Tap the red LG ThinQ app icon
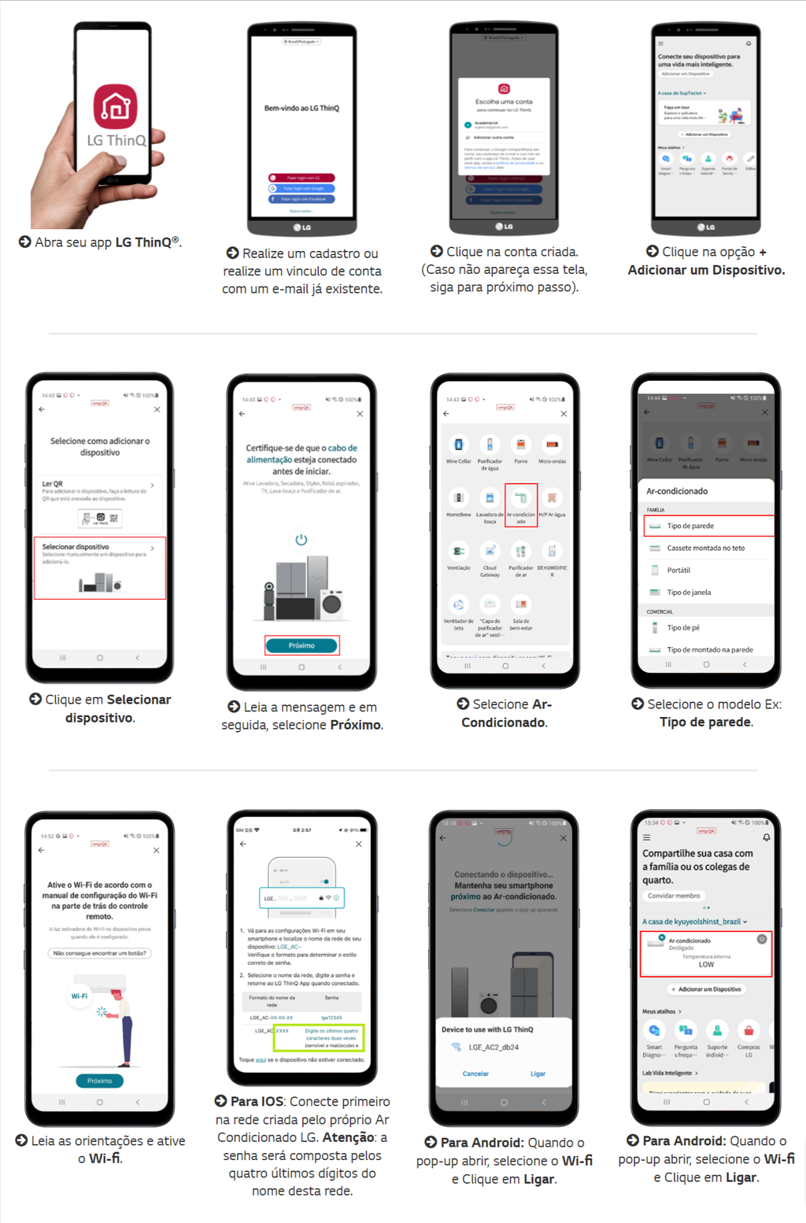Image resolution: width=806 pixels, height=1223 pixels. point(116,106)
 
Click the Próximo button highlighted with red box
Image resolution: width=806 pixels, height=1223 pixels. point(301,645)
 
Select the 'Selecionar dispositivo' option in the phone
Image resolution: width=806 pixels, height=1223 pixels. point(99,567)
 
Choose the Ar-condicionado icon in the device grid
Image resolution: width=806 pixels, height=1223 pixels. point(520,504)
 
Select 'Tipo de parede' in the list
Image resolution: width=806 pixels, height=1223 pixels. point(707,526)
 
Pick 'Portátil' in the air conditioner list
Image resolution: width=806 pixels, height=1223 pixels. point(678,570)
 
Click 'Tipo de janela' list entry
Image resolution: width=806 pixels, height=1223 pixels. point(689,592)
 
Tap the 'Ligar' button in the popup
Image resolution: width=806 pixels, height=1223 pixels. point(538,1073)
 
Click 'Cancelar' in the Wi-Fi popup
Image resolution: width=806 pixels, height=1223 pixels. point(475,1073)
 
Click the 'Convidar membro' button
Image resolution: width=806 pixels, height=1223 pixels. point(673,896)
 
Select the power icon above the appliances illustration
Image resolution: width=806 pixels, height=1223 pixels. point(301,539)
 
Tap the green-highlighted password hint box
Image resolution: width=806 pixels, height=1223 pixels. point(319,1037)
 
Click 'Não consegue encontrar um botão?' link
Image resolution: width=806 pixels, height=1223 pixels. point(99,953)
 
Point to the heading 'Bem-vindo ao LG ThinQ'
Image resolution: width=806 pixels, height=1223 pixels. point(301,108)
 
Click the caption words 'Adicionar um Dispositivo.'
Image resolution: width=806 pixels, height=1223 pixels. point(706,270)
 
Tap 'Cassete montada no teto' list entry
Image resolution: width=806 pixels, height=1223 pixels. point(705,548)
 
